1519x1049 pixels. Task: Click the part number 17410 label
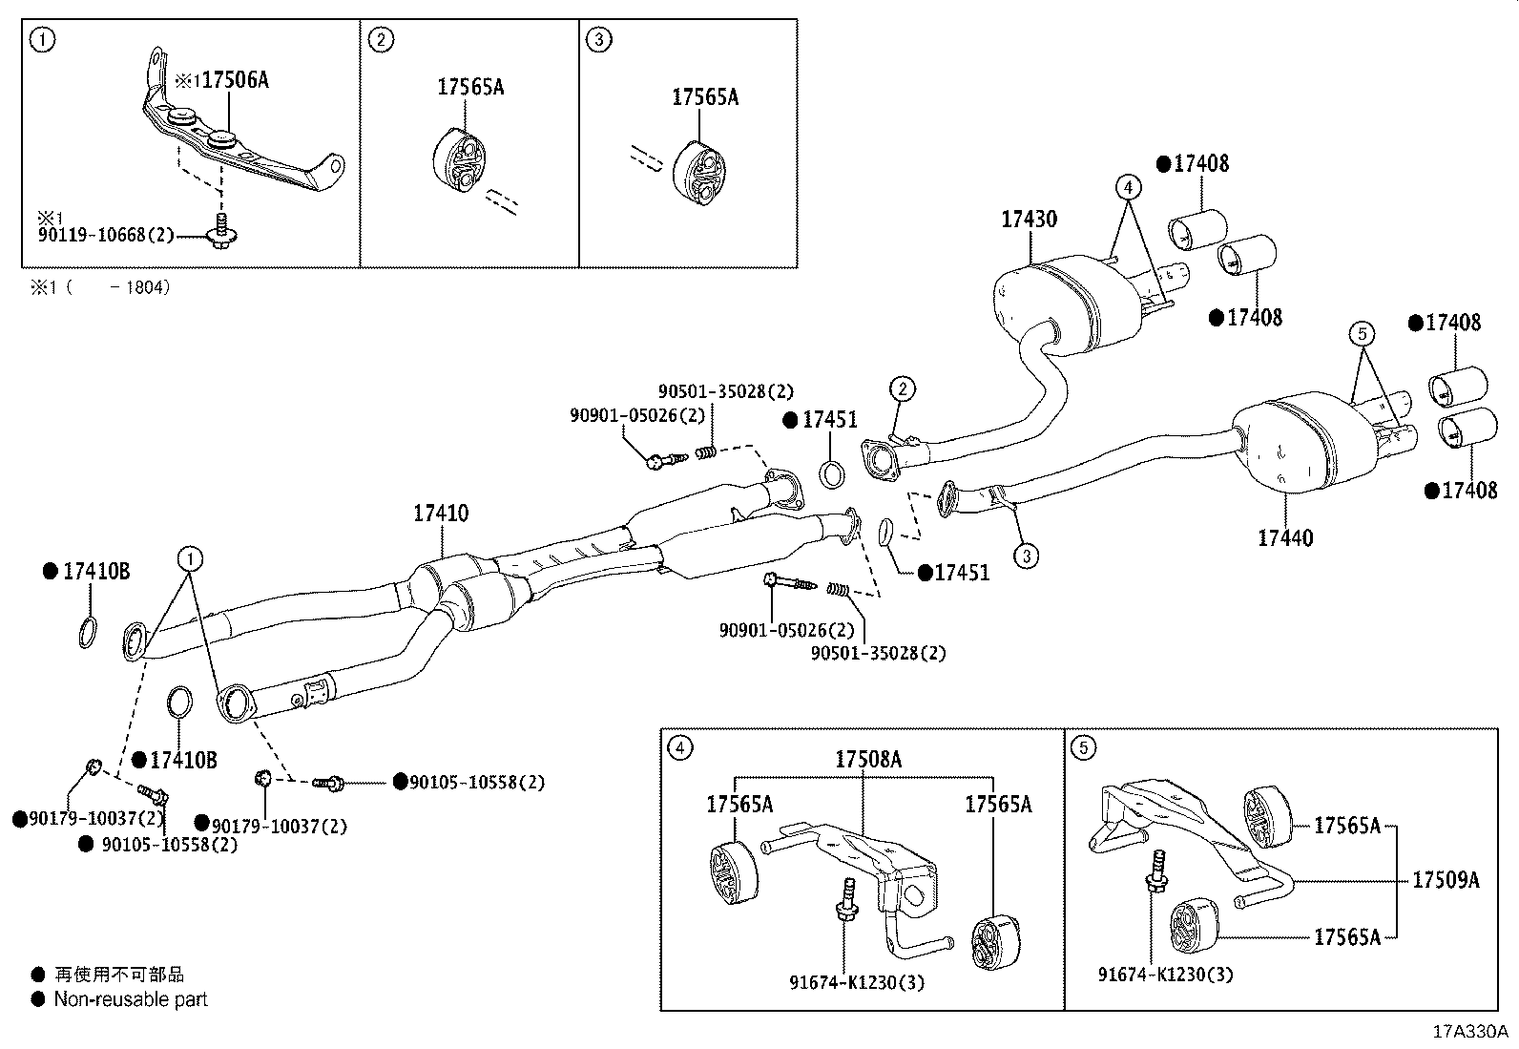pos(441,514)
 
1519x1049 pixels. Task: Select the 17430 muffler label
pos(1029,220)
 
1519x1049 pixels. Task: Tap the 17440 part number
pos(1284,538)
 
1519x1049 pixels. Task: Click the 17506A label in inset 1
pos(235,80)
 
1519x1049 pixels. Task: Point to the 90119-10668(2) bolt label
pos(106,234)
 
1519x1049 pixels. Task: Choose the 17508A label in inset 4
pos(868,760)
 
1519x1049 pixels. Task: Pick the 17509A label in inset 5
pos(1446,880)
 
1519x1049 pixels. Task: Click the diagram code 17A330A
pos(1470,1032)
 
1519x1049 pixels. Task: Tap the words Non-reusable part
pos(130,999)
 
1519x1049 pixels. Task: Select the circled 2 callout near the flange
pos(903,388)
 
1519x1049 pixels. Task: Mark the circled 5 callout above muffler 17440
pos(1363,333)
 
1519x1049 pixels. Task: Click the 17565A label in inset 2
pos(470,88)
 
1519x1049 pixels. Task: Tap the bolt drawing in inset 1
pos(219,231)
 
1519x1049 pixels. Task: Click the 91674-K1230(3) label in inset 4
pos(857,981)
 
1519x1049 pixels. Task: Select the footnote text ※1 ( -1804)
pos(100,286)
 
